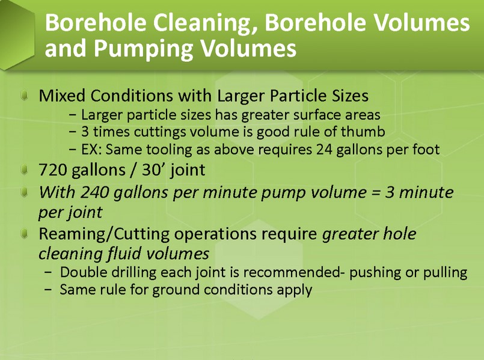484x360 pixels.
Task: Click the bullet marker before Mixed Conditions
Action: [x=24, y=95]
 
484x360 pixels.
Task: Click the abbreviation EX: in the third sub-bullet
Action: [x=91, y=150]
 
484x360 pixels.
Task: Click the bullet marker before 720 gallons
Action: [x=24, y=169]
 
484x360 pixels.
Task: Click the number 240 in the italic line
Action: [x=95, y=192]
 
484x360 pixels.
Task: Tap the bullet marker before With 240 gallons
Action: [x=24, y=192]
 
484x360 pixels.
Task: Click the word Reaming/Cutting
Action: [x=104, y=234]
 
